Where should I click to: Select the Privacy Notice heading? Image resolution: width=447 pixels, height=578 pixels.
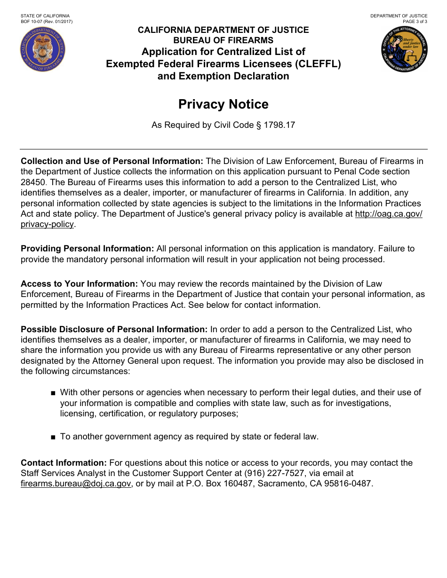[223, 104]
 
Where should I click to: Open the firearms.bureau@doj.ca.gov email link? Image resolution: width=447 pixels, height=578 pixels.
[76, 484]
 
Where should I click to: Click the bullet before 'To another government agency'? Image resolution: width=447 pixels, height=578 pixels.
[54, 437]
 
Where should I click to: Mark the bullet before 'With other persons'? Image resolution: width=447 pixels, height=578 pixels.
[54, 393]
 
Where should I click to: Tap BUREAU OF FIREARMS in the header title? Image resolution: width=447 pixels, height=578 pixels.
[223, 40]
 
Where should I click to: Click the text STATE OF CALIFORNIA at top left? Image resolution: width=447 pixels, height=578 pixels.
[45, 16]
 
